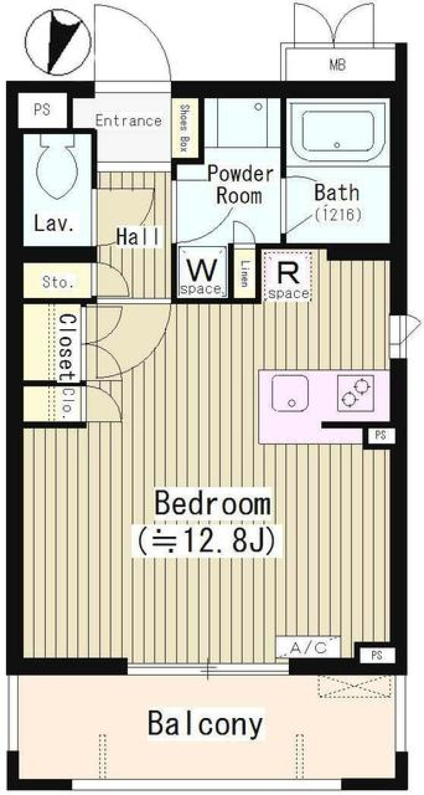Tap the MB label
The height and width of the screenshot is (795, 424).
(337, 65)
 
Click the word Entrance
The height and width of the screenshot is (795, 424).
(129, 121)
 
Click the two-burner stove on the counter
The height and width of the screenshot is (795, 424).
(356, 393)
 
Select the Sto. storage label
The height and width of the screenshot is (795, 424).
(58, 282)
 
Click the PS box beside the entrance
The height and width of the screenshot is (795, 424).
(42, 110)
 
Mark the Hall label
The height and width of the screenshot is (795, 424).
(138, 238)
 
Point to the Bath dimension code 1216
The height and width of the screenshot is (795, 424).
(338, 215)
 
